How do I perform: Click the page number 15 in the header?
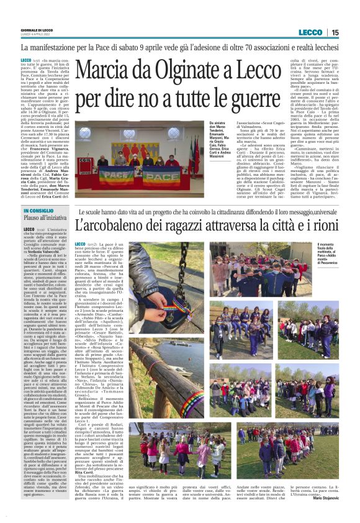[335, 32]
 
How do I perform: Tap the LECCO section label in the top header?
[310, 32]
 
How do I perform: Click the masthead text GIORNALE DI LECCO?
[38, 30]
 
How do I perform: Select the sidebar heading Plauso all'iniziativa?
[45, 219]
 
